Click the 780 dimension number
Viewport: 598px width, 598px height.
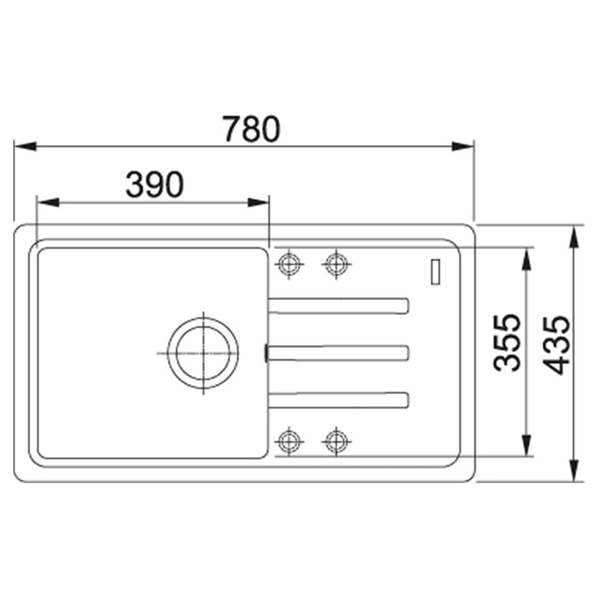(x=252, y=129)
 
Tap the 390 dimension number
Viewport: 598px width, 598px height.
(x=155, y=185)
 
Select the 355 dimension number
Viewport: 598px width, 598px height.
(x=506, y=342)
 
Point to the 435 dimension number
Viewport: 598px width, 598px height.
(x=556, y=345)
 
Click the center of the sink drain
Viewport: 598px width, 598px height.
(x=203, y=353)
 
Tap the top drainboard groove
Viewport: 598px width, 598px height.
(x=339, y=306)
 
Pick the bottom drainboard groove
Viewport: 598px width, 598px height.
(x=339, y=400)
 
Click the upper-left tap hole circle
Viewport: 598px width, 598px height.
(x=290, y=264)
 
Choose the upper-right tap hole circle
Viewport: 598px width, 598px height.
(x=336, y=264)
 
